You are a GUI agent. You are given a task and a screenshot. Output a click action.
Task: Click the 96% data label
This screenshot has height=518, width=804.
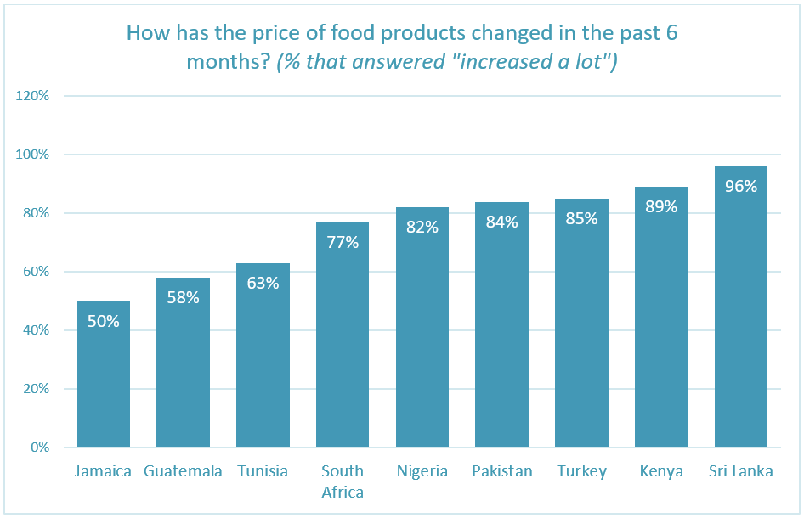point(740,186)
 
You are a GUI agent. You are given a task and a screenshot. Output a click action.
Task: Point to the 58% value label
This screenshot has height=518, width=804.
point(183,298)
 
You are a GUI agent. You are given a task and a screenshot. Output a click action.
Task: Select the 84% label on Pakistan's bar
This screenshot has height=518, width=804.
point(501,222)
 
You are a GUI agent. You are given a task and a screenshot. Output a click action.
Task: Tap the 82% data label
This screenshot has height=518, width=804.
point(422,227)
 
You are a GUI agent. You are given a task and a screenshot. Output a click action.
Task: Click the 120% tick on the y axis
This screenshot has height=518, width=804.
point(33,96)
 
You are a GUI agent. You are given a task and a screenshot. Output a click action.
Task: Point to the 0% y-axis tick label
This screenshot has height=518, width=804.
point(40,448)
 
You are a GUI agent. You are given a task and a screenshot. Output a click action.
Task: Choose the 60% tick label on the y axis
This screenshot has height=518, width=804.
point(37,272)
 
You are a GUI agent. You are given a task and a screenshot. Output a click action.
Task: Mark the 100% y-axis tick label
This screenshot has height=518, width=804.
point(33,155)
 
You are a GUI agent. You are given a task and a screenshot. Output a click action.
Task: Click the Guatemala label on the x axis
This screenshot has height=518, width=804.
point(183,471)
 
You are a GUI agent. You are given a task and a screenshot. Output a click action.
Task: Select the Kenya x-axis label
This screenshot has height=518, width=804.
point(661,471)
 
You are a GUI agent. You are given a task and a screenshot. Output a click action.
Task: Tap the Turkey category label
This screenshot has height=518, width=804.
point(581,471)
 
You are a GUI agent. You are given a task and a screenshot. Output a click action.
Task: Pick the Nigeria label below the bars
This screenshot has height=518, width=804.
point(422,471)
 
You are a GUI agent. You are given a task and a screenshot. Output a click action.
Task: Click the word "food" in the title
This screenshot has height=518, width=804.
point(367,34)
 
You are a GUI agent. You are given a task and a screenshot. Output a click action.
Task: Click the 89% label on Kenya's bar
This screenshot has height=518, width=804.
point(661,206)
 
